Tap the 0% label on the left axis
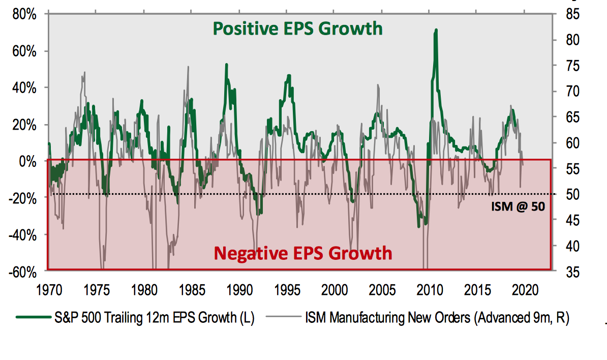[28, 161]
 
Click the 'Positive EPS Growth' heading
[297, 28]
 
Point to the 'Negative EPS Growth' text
[303, 253]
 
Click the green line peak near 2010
[436, 31]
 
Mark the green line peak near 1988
[226, 65]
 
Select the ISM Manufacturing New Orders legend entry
[437, 318]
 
